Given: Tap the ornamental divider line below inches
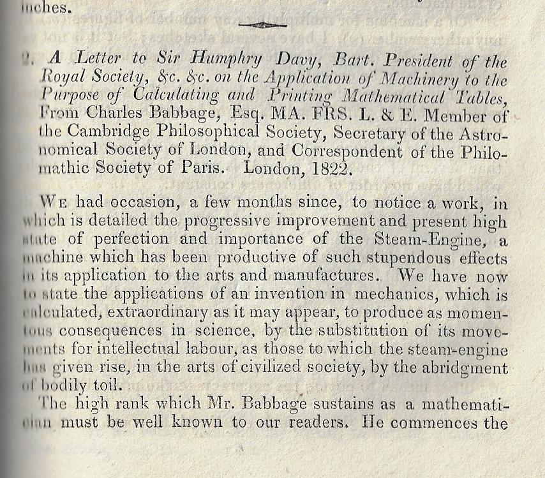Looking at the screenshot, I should (x=262, y=26).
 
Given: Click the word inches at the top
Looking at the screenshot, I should (x=45, y=9).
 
